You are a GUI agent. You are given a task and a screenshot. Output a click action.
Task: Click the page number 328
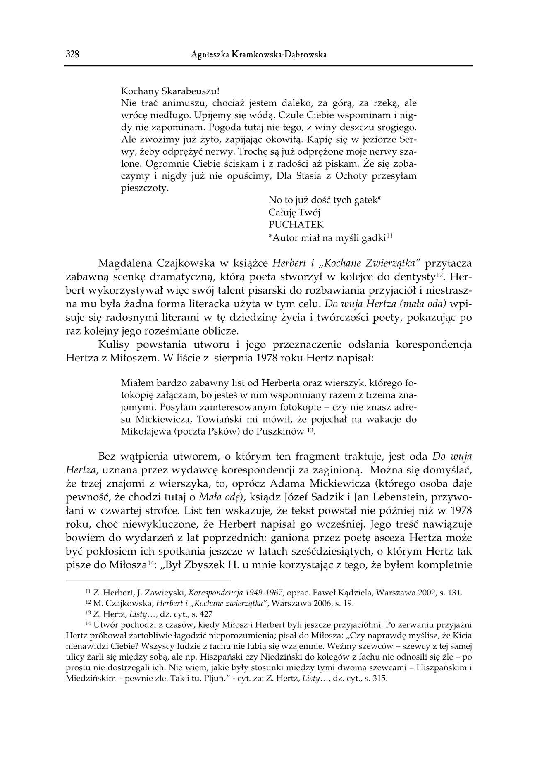72,55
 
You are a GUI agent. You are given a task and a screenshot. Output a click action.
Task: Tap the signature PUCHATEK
296,225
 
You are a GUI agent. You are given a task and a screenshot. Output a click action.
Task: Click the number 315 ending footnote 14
379,679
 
